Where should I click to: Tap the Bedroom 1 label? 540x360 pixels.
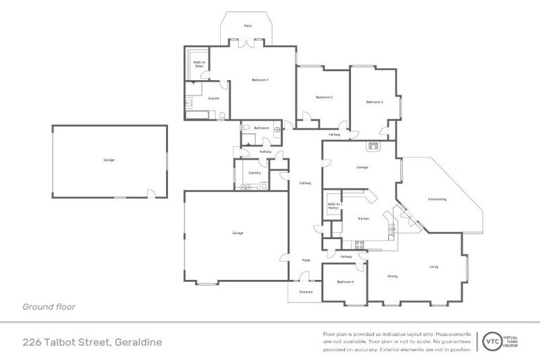260,80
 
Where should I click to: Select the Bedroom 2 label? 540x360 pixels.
323,97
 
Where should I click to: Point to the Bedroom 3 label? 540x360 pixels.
374,103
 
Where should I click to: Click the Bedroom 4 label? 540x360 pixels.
345,282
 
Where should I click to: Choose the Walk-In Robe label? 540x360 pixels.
198,64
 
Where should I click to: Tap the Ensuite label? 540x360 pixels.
204,98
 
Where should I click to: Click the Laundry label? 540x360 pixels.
255,172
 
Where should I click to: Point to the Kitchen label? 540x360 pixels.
364,219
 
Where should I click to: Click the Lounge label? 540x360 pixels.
362,167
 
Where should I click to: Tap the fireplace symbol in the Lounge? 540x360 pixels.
373,147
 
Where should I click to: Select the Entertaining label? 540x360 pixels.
437,199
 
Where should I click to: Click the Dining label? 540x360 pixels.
392,276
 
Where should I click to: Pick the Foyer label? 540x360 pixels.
306,260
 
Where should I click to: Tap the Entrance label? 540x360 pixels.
306,291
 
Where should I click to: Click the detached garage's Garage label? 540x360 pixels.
109,160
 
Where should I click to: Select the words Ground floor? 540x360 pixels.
49,307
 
